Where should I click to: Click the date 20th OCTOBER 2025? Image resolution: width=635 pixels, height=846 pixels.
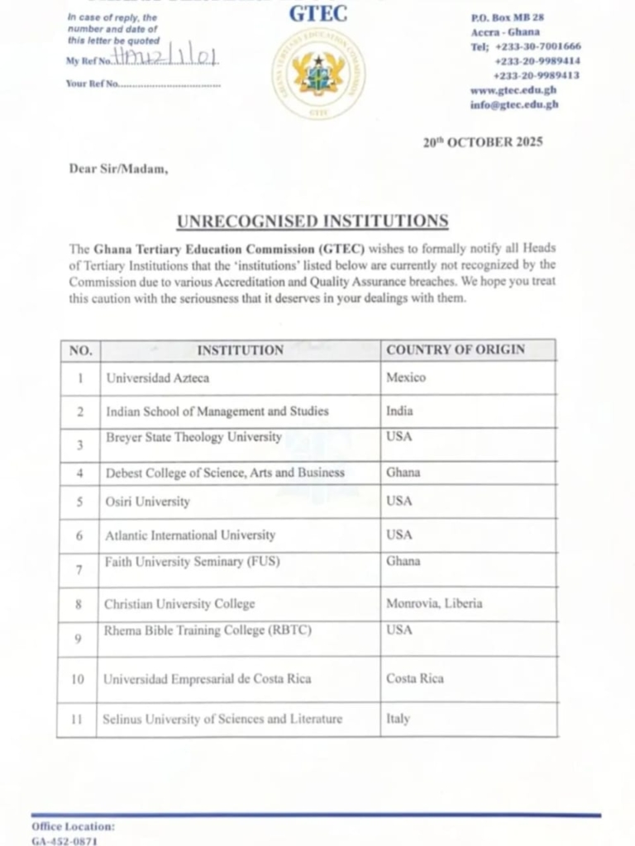(483, 142)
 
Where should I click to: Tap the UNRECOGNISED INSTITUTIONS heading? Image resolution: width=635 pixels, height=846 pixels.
(313, 221)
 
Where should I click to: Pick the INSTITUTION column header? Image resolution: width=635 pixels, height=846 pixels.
(240, 349)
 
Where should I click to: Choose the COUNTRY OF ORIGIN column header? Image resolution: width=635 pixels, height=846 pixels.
(456, 349)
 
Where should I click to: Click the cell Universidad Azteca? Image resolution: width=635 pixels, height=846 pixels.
(157, 378)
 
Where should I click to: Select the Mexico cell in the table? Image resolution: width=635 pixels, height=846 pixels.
(406, 377)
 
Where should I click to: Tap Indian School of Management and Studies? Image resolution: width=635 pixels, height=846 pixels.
(217, 411)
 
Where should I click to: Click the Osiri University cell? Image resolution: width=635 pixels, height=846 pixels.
(147, 501)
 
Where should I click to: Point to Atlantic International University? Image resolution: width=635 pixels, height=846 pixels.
(190, 535)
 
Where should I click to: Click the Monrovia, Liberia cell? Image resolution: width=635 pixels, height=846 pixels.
(433, 603)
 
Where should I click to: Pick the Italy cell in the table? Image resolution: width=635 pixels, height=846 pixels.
(398, 719)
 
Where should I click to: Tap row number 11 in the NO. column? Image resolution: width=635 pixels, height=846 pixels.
(77, 720)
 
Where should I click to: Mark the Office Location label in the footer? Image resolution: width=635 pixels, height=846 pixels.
(74, 826)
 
